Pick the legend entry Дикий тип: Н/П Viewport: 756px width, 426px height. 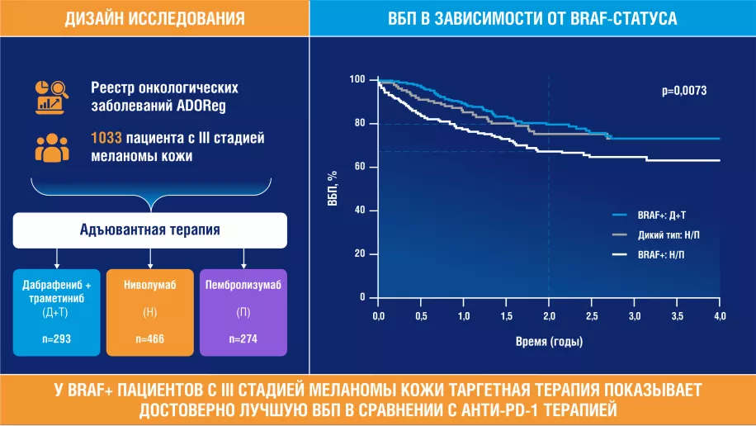click(669, 234)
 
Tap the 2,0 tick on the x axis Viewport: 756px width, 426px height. click(549, 316)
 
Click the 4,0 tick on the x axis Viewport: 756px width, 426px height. click(719, 316)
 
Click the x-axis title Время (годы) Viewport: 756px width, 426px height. click(549, 340)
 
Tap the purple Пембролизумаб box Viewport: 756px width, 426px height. click(243, 312)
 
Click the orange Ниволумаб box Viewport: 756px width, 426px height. click(149, 312)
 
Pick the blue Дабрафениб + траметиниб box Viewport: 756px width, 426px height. click(56, 312)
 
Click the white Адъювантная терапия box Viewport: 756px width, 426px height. click(149, 230)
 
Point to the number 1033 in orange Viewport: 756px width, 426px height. click(107, 138)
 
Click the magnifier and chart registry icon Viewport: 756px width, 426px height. click(51, 96)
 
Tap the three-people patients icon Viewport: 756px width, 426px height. click(51, 146)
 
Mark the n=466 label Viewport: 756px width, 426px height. click(149, 339)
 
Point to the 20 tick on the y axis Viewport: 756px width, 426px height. click(360, 253)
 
